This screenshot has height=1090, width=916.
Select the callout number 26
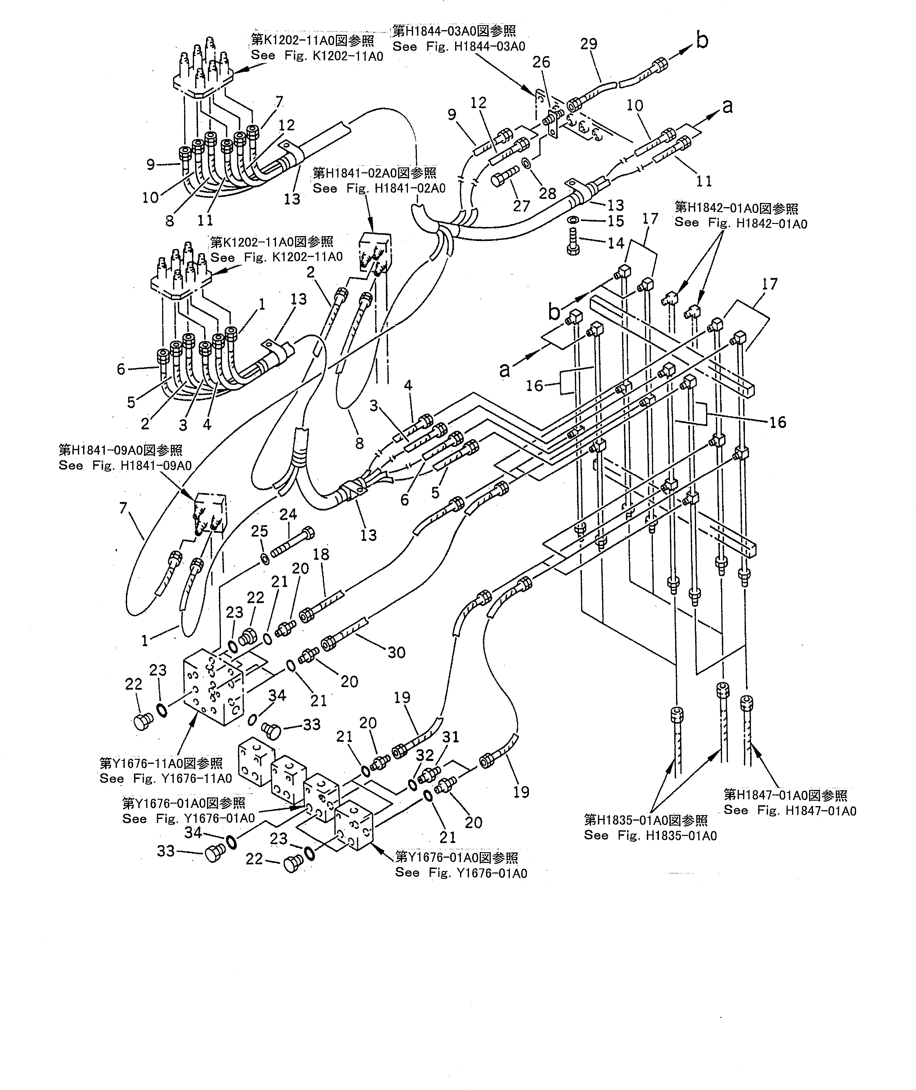(x=541, y=62)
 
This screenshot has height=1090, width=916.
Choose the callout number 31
(x=451, y=737)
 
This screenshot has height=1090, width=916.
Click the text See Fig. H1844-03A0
(x=459, y=47)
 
